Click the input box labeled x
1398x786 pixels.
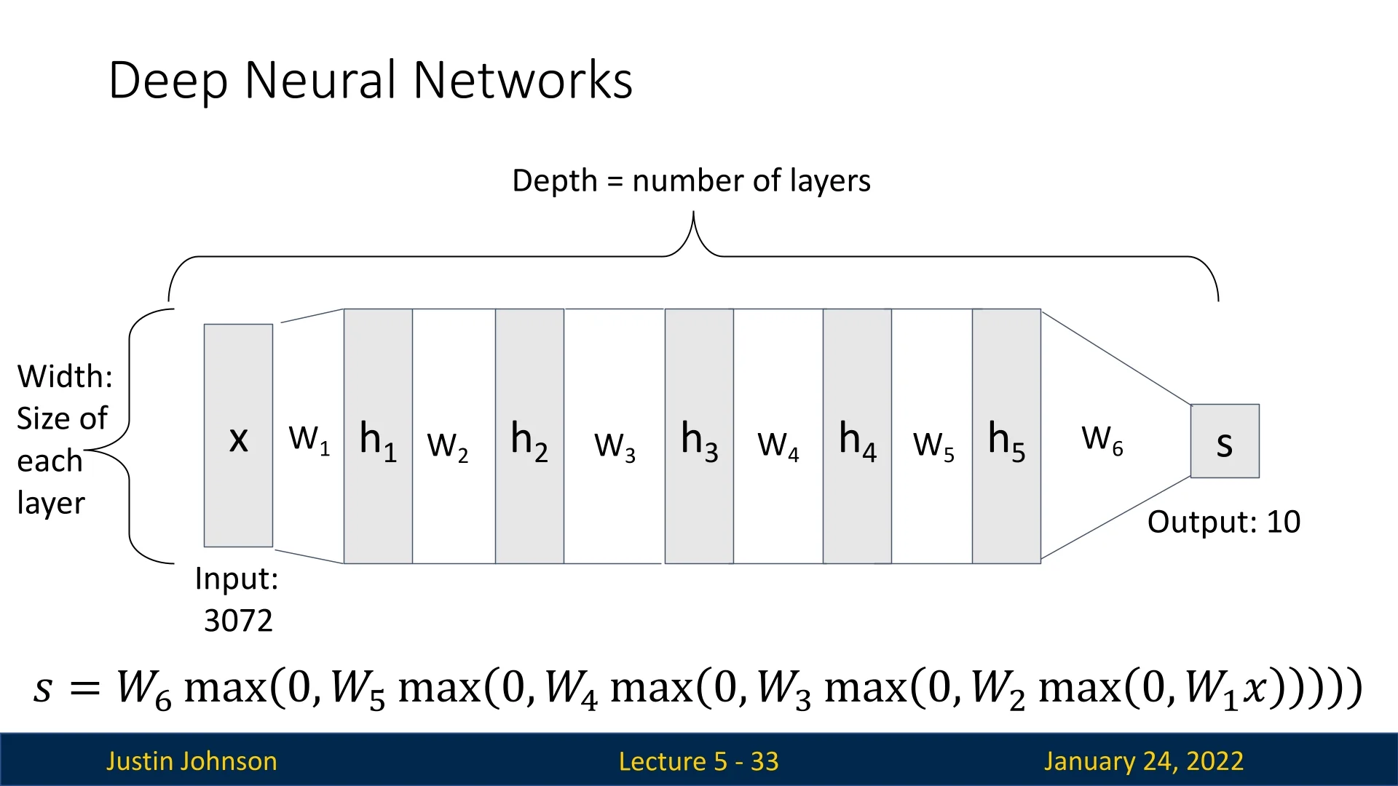pyautogui.click(x=238, y=435)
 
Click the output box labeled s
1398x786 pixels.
pyautogui.click(x=1225, y=441)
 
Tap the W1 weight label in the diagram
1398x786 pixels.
pyautogui.click(x=309, y=440)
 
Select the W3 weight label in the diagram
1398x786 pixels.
pyautogui.click(x=615, y=445)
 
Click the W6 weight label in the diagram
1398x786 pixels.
pyautogui.click(x=1102, y=440)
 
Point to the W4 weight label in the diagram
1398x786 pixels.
pyautogui.click(x=778, y=445)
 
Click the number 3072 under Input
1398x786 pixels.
pyautogui.click(x=238, y=621)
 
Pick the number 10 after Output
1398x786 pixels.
pyautogui.click(x=1283, y=522)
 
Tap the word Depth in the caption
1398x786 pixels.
pyautogui.click(x=554, y=180)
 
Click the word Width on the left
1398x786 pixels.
pyautogui.click(x=65, y=376)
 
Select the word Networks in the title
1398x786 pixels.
pyautogui.click(x=523, y=80)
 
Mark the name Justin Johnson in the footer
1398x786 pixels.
pyautogui.click(x=191, y=761)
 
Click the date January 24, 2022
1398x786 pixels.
pyautogui.click(x=1143, y=761)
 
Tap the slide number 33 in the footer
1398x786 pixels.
pyautogui.click(x=765, y=761)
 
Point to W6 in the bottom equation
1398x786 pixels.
pyautogui.click(x=143, y=688)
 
